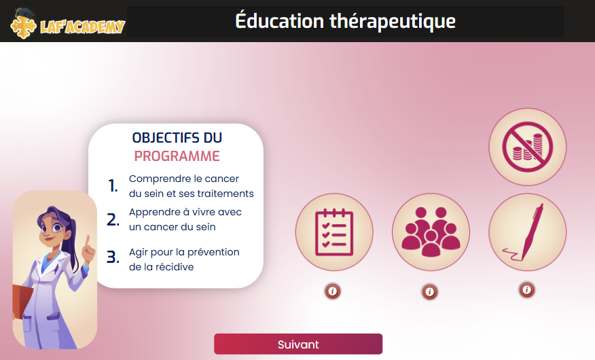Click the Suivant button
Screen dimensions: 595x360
click(298, 344)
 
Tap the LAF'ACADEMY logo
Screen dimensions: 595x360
click(68, 24)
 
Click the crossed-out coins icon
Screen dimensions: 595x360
click(528, 147)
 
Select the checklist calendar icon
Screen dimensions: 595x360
click(334, 232)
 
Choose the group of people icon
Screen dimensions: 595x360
click(431, 232)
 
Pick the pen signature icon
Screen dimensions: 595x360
click(528, 232)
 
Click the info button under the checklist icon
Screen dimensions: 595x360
click(333, 291)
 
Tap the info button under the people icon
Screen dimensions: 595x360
click(429, 291)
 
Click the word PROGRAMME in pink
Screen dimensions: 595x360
click(177, 156)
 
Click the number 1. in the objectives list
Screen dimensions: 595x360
click(113, 186)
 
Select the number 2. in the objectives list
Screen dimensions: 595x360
click(113, 219)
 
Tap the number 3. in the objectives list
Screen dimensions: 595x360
click(113, 257)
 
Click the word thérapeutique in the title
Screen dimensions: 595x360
click(393, 21)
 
